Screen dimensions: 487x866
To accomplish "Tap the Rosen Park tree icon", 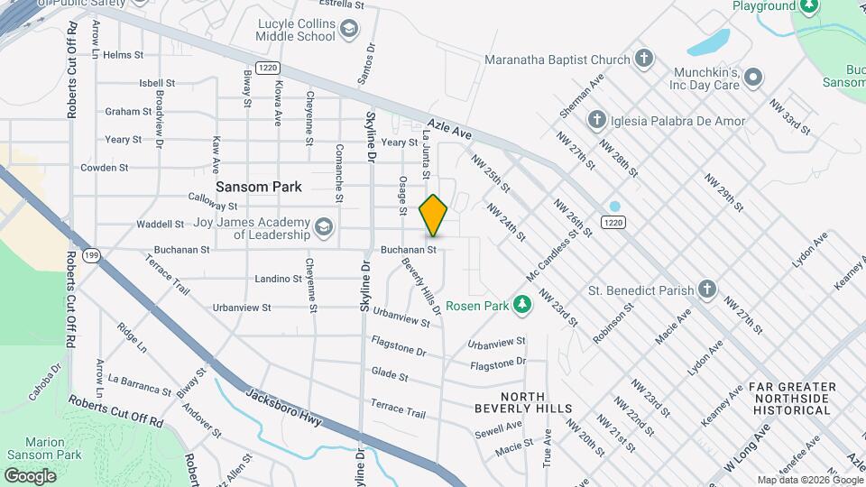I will pos(521,305).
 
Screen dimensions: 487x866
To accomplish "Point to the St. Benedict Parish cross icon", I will pos(708,290).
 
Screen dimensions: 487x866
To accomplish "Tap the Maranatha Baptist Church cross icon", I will pos(643,60).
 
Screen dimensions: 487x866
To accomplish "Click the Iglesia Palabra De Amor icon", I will pos(596,121).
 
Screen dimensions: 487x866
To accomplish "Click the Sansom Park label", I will pos(258,187).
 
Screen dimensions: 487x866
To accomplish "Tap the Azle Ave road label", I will pos(450,131).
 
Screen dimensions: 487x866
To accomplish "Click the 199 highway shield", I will pos(91,256).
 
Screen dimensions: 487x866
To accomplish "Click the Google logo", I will pos(31,475).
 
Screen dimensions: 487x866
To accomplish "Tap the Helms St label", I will pos(124,55).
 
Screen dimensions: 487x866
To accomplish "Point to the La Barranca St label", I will pos(140,384).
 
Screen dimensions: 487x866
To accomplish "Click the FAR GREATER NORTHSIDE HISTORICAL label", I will pos(791,399).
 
